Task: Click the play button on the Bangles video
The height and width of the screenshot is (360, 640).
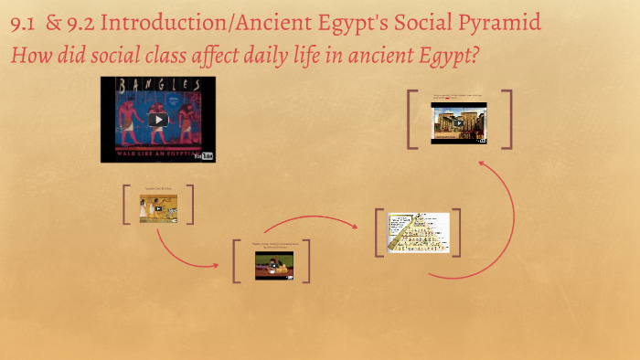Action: click(x=158, y=120)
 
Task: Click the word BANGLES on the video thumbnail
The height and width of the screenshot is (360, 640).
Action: click(x=158, y=85)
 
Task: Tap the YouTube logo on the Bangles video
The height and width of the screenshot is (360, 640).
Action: click(x=205, y=155)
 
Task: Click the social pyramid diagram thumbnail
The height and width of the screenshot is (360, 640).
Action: click(x=419, y=232)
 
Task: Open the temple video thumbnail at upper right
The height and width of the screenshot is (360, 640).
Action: click(x=459, y=122)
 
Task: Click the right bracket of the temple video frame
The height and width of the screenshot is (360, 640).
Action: click(x=507, y=119)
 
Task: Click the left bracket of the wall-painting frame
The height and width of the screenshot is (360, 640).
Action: click(x=126, y=205)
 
